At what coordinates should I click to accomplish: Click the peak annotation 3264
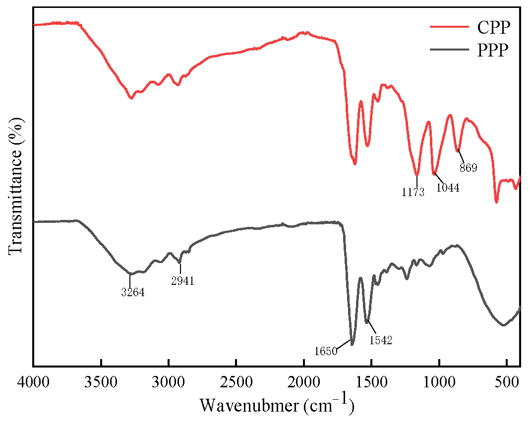pos(132,292)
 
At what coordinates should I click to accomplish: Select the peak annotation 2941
pos(181,281)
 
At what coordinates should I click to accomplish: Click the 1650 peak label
pos(326,352)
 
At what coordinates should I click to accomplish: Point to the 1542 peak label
pos(381,340)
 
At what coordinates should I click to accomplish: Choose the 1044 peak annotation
pos(448,188)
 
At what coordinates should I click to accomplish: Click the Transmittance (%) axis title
pos(16,186)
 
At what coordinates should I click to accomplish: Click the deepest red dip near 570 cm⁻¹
pos(496,202)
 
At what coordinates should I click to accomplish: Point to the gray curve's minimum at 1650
pos(352,344)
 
